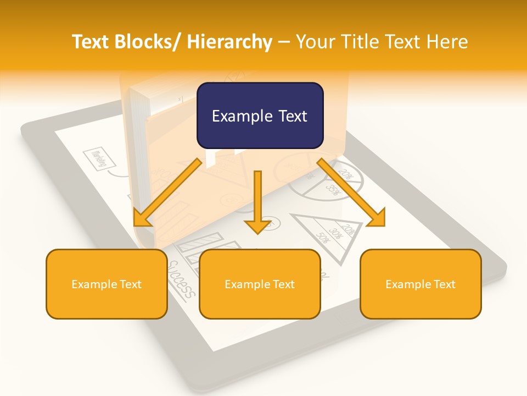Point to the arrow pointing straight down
(257, 201)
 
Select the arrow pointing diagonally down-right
(352, 193)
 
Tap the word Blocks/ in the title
(145, 42)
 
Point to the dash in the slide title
(284, 42)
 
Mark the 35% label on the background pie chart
(333, 190)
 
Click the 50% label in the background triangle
(322, 238)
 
